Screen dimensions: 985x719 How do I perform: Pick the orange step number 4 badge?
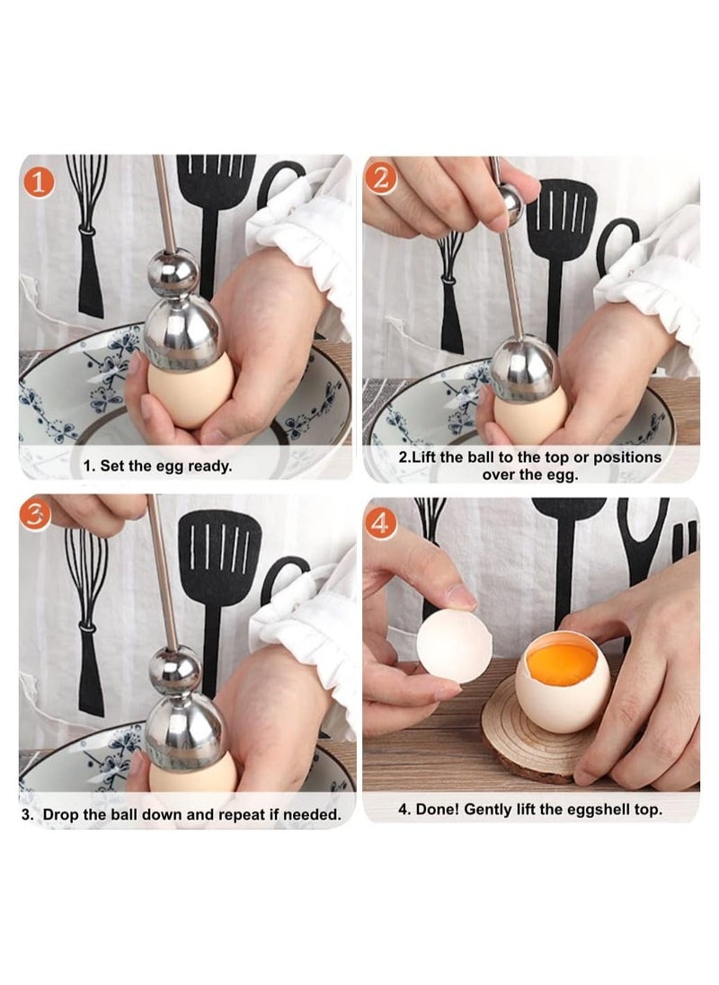381,521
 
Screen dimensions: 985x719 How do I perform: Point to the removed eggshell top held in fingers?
454,644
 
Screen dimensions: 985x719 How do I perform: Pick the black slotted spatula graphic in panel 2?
560,234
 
